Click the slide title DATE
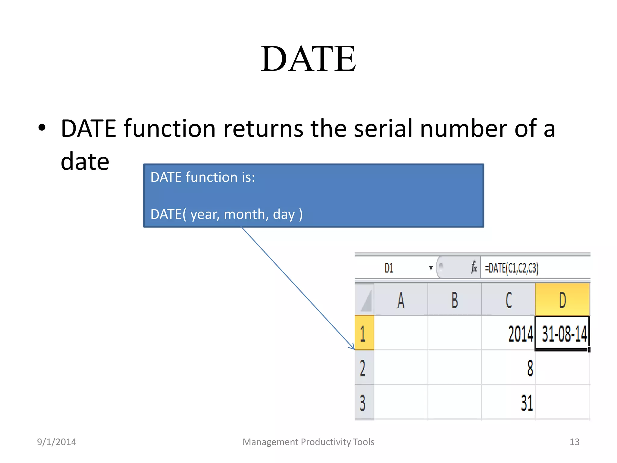point(308,59)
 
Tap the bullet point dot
point(42,128)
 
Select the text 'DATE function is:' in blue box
point(202,177)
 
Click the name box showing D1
point(389,268)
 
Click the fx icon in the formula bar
point(474,267)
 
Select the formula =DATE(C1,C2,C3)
point(511,268)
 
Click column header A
point(400,300)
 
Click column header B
point(454,300)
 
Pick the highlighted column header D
point(562,300)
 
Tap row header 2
point(364,368)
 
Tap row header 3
point(364,402)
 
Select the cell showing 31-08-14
point(562,333)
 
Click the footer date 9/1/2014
point(56,442)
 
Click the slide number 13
point(574,442)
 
